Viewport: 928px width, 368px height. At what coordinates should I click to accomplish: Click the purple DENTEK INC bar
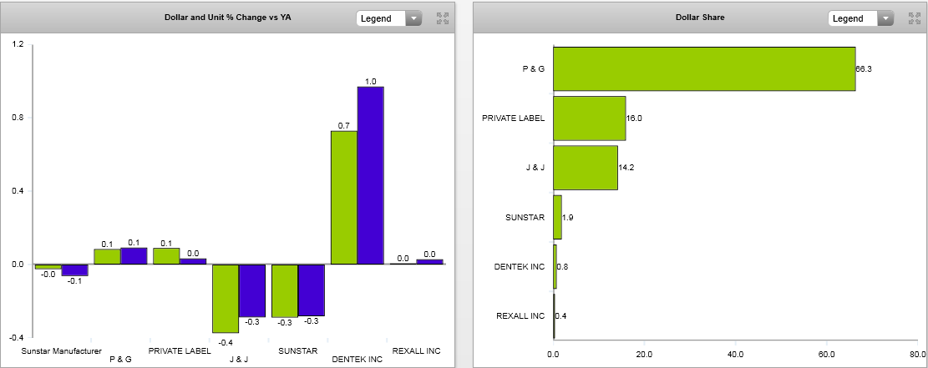tap(370, 175)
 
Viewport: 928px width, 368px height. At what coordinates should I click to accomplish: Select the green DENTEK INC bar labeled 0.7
tap(343, 198)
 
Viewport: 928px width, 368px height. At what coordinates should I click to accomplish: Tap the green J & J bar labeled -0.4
tap(225, 298)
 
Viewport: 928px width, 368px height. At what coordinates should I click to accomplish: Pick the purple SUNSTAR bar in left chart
tap(311, 290)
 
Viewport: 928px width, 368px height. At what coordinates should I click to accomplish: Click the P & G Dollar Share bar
tap(703, 68)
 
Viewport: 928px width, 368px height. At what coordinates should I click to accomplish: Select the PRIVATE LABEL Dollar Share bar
tap(589, 118)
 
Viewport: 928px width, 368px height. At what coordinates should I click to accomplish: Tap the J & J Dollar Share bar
tap(585, 168)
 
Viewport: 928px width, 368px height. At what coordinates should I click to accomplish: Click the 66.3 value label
tap(864, 68)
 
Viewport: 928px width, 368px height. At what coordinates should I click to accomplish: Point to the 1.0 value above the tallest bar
tap(371, 81)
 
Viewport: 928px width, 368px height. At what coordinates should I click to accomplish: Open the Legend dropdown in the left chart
tap(389, 18)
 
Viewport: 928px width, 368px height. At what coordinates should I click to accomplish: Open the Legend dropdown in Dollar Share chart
tap(861, 18)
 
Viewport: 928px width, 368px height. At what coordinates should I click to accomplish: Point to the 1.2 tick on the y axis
tap(18, 44)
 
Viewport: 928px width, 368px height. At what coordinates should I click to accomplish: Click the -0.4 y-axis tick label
tap(16, 338)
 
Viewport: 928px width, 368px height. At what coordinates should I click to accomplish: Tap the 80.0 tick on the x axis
tap(916, 355)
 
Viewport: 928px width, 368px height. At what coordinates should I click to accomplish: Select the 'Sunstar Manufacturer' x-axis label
tap(61, 350)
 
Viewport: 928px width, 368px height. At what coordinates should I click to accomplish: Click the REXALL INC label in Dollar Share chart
tap(520, 316)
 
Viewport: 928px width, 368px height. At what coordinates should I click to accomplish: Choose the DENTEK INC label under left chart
tap(357, 360)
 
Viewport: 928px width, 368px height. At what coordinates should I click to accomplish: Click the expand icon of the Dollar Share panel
tap(914, 18)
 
